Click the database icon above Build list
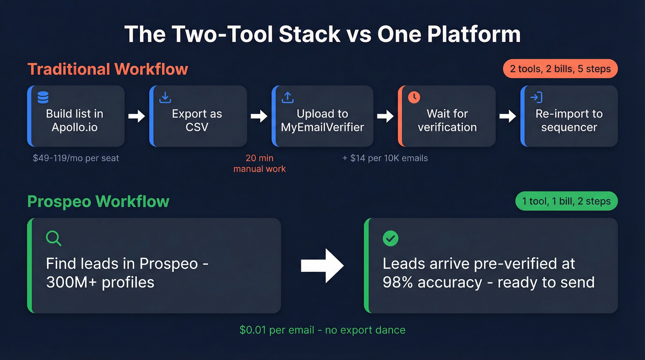(x=43, y=97)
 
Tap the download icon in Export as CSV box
(x=165, y=97)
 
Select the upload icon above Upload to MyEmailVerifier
(x=287, y=97)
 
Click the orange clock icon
(x=414, y=97)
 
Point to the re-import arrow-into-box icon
(x=536, y=97)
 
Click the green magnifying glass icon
(x=54, y=238)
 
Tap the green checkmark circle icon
(x=391, y=238)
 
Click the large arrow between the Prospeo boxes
(x=322, y=266)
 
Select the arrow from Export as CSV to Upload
(x=259, y=116)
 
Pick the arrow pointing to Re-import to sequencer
(x=508, y=116)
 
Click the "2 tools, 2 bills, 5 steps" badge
(x=560, y=69)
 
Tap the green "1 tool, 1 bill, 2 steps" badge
(x=566, y=201)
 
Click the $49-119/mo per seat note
(x=76, y=158)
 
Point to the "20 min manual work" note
(x=259, y=164)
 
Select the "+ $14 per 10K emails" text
(x=385, y=158)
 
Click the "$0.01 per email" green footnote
(x=322, y=330)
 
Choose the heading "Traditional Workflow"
(x=108, y=69)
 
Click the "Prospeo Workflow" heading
(x=99, y=201)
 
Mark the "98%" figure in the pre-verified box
(x=399, y=282)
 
